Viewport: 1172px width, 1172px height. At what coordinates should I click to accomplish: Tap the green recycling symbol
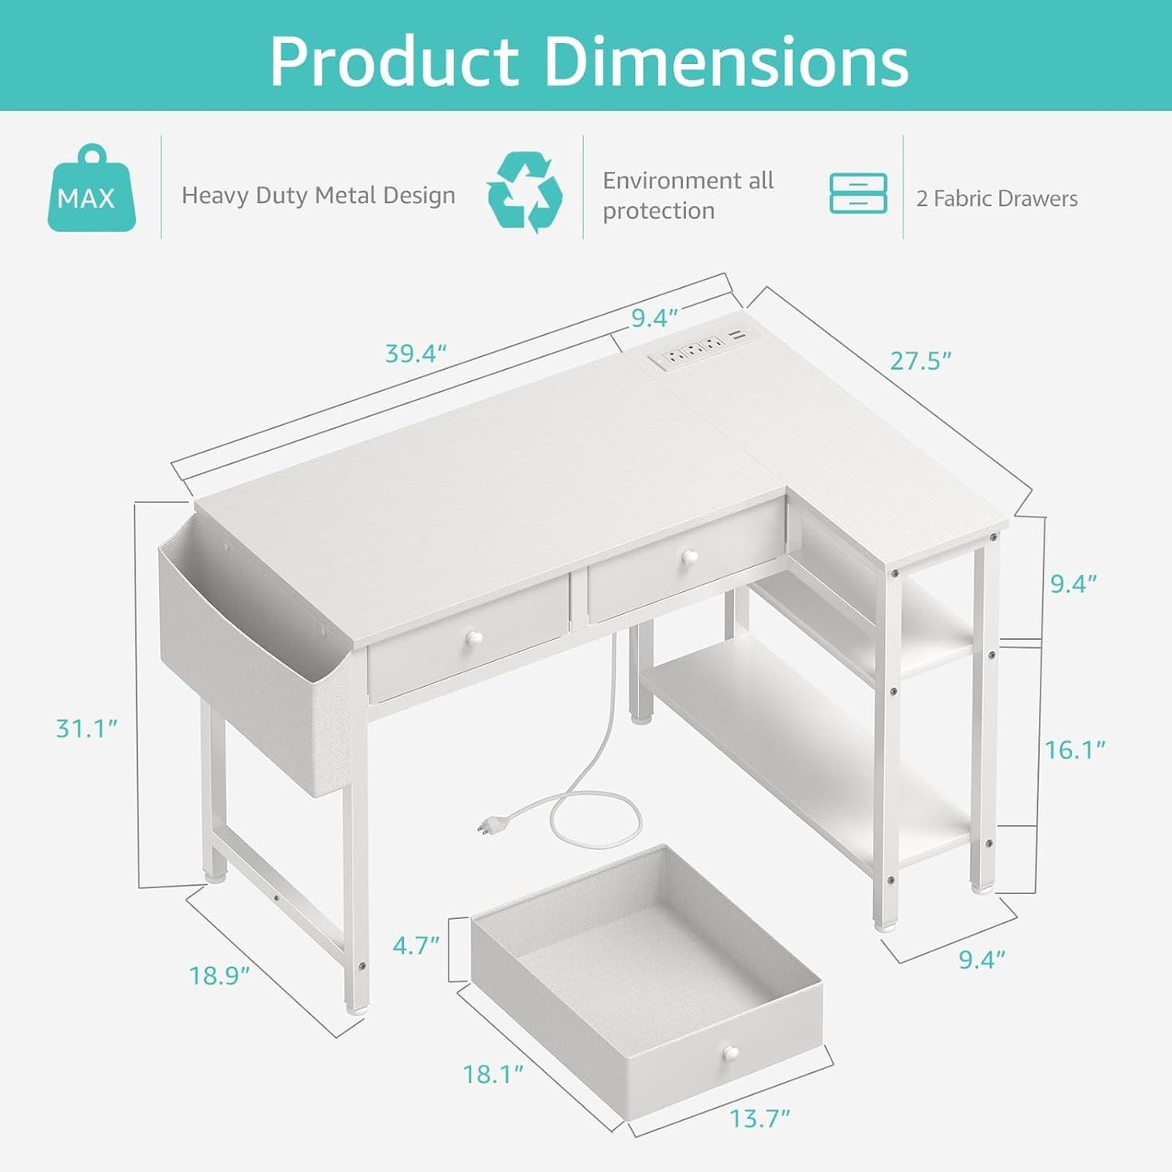tap(525, 192)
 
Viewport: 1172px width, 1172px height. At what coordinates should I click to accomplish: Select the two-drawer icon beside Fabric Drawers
tap(858, 194)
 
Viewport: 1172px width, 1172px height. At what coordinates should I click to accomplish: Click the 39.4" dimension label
tap(415, 354)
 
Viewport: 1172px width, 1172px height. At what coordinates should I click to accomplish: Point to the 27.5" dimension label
tap(921, 361)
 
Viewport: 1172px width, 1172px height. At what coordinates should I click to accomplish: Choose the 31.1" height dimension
tap(87, 728)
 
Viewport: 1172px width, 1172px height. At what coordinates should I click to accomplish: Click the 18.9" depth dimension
tap(219, 975)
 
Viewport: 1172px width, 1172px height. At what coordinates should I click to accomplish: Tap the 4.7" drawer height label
tap(416, 945)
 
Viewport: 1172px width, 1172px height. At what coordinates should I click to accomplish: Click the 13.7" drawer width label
tap(759, 1118)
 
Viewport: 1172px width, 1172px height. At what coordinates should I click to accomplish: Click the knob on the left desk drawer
tap(472, 639)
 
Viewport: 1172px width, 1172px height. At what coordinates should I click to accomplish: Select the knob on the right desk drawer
tap(689, 557)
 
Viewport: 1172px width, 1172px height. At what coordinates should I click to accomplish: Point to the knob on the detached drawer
tap(732, 1054)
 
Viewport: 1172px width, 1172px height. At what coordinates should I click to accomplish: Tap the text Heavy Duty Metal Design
tap(318, 195)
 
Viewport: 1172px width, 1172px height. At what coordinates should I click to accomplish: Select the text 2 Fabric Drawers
tap(997, 199)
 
